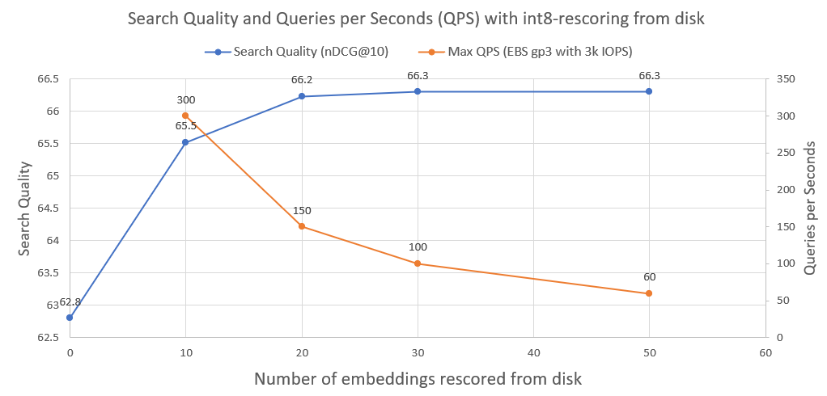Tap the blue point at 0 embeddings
pos(70,318)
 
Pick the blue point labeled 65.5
pos(185,142)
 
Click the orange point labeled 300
pos(185,116)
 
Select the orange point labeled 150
pos(302,226)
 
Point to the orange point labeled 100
pos(418,263)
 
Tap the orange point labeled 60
pos(649,293)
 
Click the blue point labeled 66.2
pos(302,96)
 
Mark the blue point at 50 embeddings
pos(649,91)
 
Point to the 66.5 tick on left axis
pos(48,79)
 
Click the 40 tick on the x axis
pos(533,352)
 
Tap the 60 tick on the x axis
pos(765,352)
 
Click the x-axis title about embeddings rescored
pos(418,378)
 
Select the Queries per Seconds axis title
pos(810,208)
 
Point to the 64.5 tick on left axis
pos(48,209)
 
